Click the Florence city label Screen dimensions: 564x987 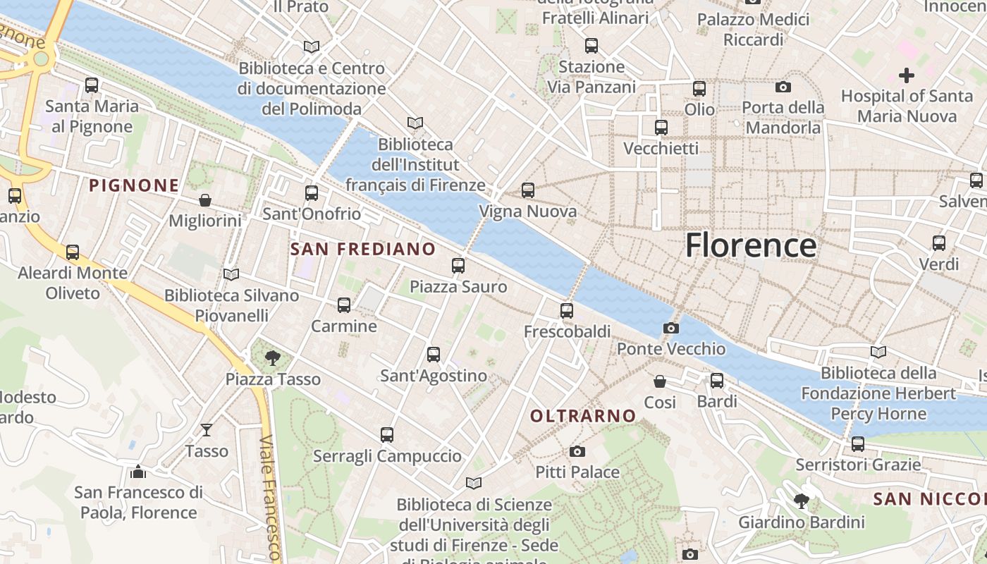751,245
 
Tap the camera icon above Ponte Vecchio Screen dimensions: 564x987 670,328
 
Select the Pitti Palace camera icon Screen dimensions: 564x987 577,451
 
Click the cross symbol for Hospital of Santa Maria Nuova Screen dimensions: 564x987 907,75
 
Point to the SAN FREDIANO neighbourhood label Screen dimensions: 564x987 363,249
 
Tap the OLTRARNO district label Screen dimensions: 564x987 583,416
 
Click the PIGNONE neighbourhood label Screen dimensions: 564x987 134,185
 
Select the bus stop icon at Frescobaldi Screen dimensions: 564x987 566,310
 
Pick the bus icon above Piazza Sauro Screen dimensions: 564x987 458,266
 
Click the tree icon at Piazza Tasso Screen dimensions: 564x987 273,358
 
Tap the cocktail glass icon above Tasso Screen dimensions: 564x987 207,429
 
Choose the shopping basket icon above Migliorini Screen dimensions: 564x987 205,200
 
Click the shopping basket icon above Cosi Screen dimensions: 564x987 660,381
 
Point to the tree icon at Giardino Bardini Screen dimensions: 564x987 801,501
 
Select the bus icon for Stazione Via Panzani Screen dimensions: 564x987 591,46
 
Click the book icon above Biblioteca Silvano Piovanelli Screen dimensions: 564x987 231,274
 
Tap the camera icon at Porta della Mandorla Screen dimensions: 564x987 783,87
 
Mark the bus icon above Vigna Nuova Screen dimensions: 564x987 528,190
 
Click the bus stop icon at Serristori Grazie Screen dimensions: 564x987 857,444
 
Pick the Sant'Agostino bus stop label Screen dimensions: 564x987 434,376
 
